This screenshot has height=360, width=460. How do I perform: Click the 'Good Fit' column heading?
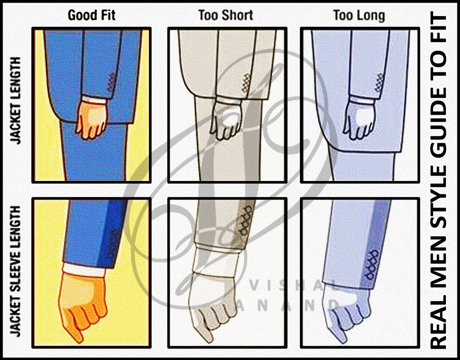(x=91, y=15)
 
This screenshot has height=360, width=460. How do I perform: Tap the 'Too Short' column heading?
(x=226, y=15)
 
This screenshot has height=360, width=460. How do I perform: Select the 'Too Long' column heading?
(x=359, y=16)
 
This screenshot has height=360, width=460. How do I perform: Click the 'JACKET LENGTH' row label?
(x=15, y=101)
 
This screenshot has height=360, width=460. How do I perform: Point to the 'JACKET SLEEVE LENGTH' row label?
(x=15, y=271)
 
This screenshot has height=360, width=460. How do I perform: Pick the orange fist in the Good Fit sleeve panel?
(x=82, y=305)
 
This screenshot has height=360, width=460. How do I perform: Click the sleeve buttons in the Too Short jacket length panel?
(x=246, y=83)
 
